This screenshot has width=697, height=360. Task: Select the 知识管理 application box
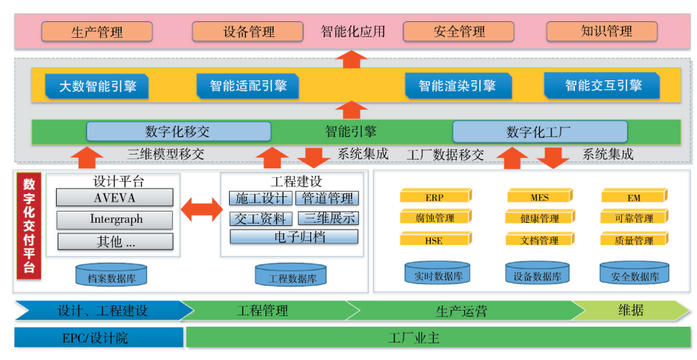coord(606,32)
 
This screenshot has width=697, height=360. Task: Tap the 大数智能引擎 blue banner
coord(96,86)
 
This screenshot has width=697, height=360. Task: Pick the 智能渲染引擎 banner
coord(456,86)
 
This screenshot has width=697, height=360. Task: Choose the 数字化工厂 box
coord(539,131)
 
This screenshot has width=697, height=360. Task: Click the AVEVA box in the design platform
coord(115,198)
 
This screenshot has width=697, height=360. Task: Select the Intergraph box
coord(115,220)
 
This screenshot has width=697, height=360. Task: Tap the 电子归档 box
coord(294,236)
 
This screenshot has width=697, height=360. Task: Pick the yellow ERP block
coord(435,197)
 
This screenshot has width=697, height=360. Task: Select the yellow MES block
coord(540,197)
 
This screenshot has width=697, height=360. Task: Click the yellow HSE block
coord(435,240)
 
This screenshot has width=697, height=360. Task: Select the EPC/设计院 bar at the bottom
coord(98,337)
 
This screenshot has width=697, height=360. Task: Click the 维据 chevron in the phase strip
coord(631,310)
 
